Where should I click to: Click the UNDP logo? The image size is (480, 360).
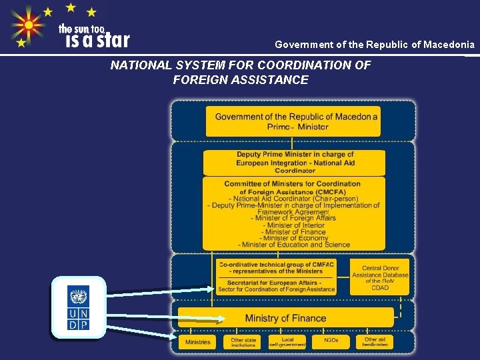tap(78, 308)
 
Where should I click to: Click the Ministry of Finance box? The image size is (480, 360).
tap(285, 318)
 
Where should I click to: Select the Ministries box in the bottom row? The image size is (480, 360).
tap(198, 341)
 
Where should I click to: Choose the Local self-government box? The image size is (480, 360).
tap(287, 341)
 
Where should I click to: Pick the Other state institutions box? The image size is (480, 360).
tap(243, 341)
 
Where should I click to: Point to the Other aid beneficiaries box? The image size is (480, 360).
tap(375, 341)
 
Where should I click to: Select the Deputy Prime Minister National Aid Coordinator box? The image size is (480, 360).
tap(295, 162)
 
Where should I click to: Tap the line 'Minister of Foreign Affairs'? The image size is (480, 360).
tap(293, 218)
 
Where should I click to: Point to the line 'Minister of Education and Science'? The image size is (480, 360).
tap(295, 245)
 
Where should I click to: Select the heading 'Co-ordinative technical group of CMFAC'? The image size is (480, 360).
tap(276, 264)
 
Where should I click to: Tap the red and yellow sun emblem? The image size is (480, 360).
tap(28, 26)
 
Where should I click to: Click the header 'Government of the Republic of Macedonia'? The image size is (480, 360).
tap(375, 45)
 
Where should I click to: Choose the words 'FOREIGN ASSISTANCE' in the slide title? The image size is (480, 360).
tap(240, 80)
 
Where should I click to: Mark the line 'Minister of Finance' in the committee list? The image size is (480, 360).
tap(295, 231)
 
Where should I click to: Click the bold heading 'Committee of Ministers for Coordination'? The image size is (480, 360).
tap(292, 183)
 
